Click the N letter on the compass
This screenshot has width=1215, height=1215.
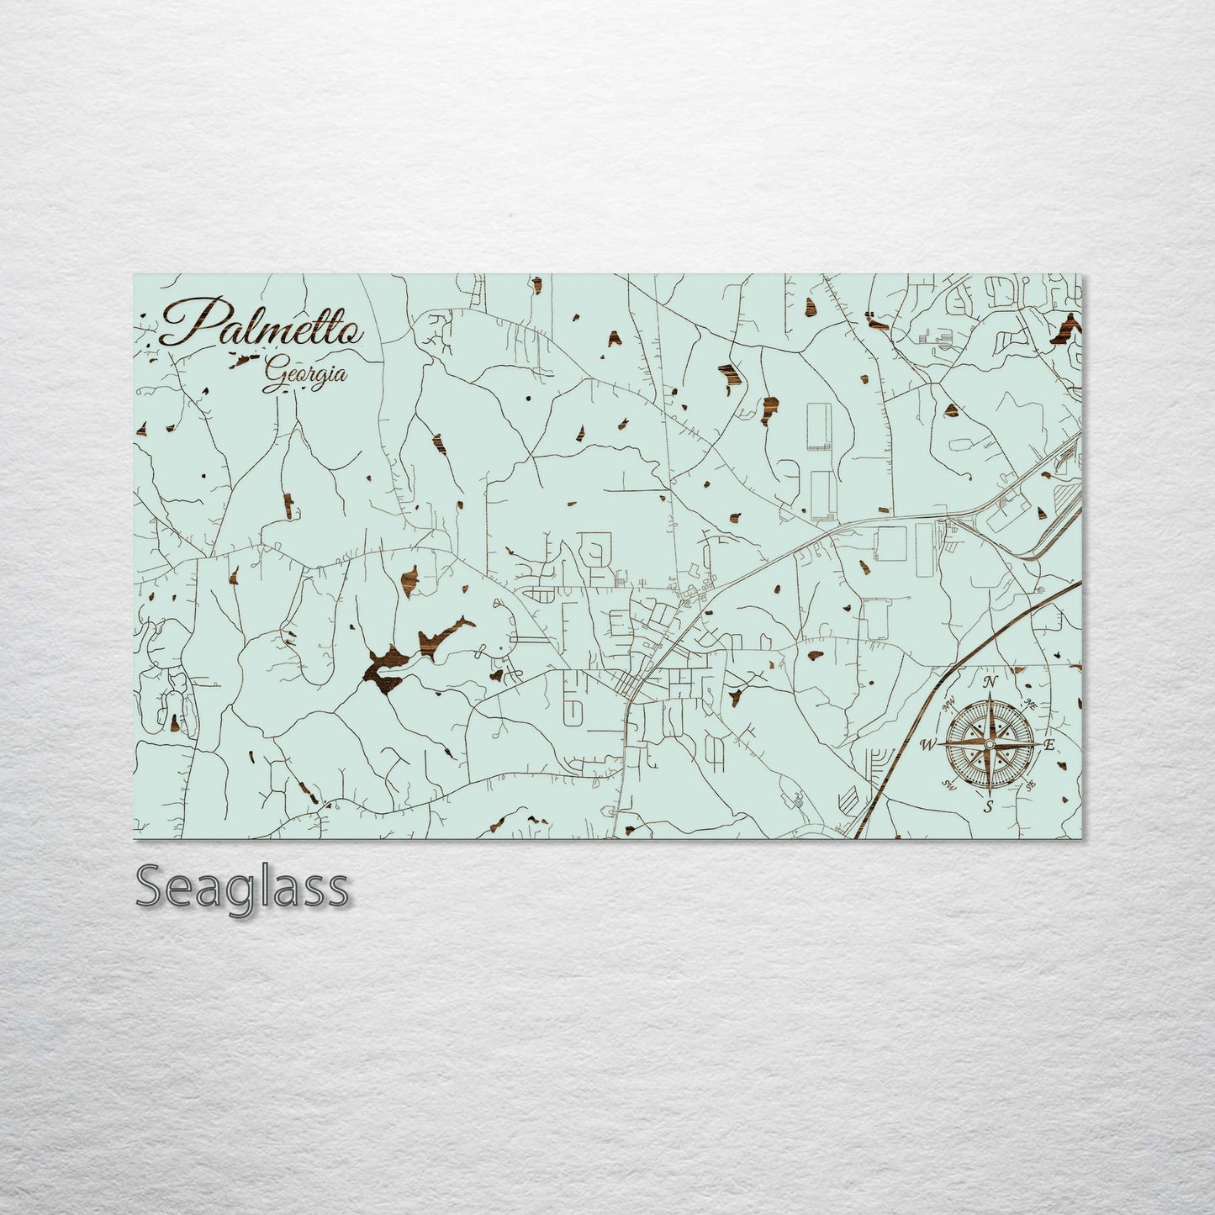click(990, 682)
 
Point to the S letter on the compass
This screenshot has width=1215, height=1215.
click(989, 807)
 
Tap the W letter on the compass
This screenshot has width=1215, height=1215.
click(928, 744)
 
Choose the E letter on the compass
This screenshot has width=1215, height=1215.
click(1049, 744)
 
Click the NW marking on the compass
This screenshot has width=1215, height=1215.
click(953, 707)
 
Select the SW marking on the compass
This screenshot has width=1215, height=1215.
click(951, 785)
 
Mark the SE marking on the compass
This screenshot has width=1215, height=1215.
click(1029, 785)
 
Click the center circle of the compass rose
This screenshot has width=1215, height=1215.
click(990, 744)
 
